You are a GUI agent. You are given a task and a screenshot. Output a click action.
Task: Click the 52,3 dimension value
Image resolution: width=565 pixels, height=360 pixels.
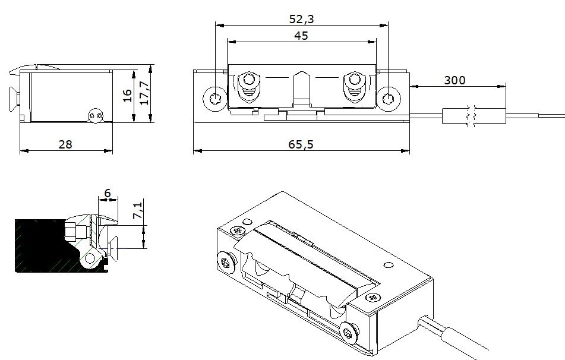click(x=301, y=19)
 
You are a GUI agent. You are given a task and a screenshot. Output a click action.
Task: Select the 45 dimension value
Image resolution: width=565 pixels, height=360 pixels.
click(x=301, y=36)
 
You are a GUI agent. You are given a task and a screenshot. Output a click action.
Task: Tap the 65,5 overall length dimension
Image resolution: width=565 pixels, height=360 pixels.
click(x=301, y=144)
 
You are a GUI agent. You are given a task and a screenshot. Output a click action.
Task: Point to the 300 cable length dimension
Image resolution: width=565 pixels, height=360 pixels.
click(x=454, y=80)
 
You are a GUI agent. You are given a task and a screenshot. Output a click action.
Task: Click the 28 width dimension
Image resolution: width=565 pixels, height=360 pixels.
click(x=65, y=144)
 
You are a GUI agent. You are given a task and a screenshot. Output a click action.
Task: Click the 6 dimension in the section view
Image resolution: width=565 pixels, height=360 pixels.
click(x=107, y=193)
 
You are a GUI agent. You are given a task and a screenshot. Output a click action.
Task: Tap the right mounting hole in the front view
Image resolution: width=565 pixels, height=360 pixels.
click(x=389, y=99)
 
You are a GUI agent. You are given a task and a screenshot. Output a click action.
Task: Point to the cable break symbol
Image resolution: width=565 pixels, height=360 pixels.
click(x=471, y=115)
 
